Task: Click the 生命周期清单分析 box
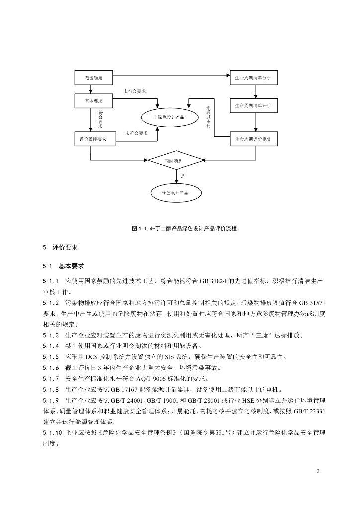click(253, 78)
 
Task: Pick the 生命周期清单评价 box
click(253, 106)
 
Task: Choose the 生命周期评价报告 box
click(253, 139)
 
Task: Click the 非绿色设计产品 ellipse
click(166, 117)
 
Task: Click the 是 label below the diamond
click(183, 176)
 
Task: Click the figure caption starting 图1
click(184, 228)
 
